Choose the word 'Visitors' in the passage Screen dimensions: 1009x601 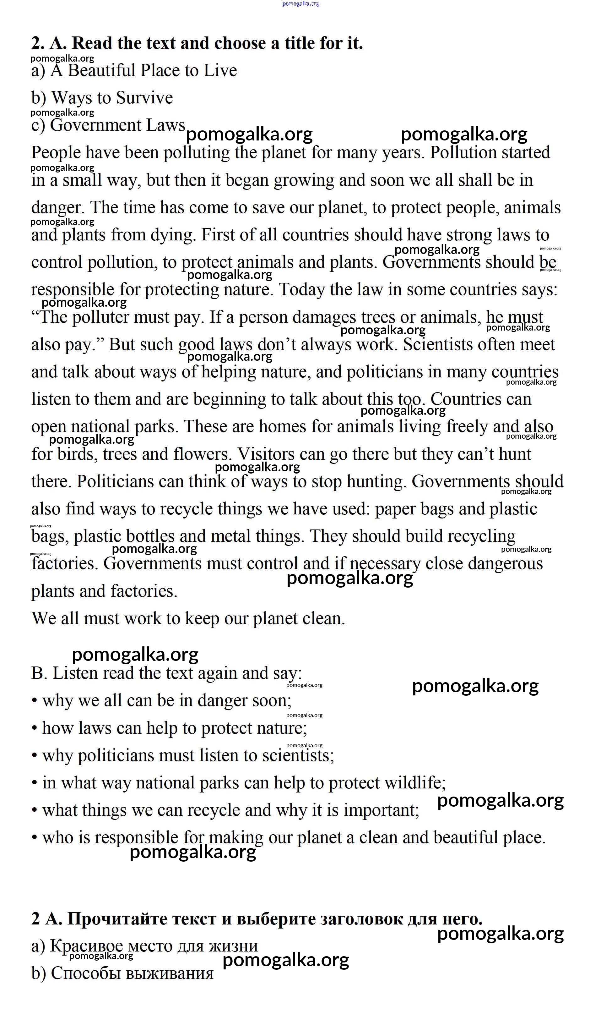(266, 454)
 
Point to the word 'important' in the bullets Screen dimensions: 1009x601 (381, 810)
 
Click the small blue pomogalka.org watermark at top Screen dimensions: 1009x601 (300, 4)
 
